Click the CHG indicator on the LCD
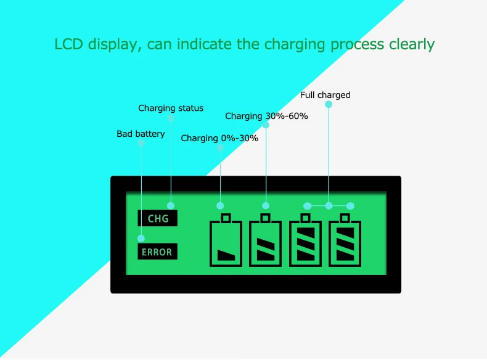[158, 218]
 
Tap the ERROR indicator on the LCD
[157, 252]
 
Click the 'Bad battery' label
[141, 134]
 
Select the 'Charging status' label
[171, 108]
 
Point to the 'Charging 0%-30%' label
[219, 138]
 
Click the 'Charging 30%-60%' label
[266, 116]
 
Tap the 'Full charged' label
[325, 95]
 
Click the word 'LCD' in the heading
[69, 44]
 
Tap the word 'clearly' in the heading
[412, 44]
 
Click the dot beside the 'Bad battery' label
[141, 142]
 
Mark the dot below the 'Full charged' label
[329, 104]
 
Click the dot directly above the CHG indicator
[171, 205]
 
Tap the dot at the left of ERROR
[141, 238]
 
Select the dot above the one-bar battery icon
[220, 205]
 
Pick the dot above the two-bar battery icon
[266, 205]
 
